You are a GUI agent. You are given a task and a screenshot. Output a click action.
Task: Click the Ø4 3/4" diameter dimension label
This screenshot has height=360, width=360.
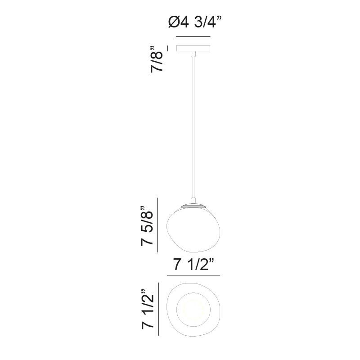click(x=195, y=22)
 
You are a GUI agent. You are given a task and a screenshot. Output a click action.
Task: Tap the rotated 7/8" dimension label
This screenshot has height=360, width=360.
click(x=157, y=59)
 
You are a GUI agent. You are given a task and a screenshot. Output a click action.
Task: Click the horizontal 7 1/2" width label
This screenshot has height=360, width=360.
click(x=194, y=264)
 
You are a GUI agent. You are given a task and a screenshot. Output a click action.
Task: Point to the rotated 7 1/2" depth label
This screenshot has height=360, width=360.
click(x=148, y=309)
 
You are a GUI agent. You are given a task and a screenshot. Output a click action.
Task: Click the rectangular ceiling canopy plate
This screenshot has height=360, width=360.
click(x=193, y=48)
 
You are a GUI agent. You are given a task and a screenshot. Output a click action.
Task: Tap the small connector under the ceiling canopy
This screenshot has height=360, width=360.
click(x=193, y=54)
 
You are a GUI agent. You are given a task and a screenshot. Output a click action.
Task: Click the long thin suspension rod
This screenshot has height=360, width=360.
click(x=193, y=127)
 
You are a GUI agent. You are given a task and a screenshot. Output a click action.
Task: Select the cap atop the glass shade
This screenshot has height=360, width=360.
click(x=193, y=206)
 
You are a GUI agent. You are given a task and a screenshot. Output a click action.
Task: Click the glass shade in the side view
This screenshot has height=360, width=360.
click(x=193, y=229)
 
